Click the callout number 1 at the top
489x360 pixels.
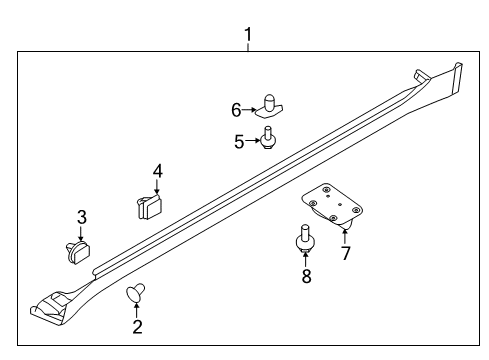click(248, 37)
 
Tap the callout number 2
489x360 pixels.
click(137, 325)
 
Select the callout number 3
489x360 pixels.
click(82, 217)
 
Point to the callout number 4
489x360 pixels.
click(157, 171)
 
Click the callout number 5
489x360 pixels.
click(239, 142)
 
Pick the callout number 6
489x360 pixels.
click(237, 109)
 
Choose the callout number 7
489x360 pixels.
click(346, 252)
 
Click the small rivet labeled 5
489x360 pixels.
click(269, 137)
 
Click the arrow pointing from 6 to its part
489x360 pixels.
click(251, 109)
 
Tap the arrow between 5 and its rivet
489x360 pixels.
click(253, 142)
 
